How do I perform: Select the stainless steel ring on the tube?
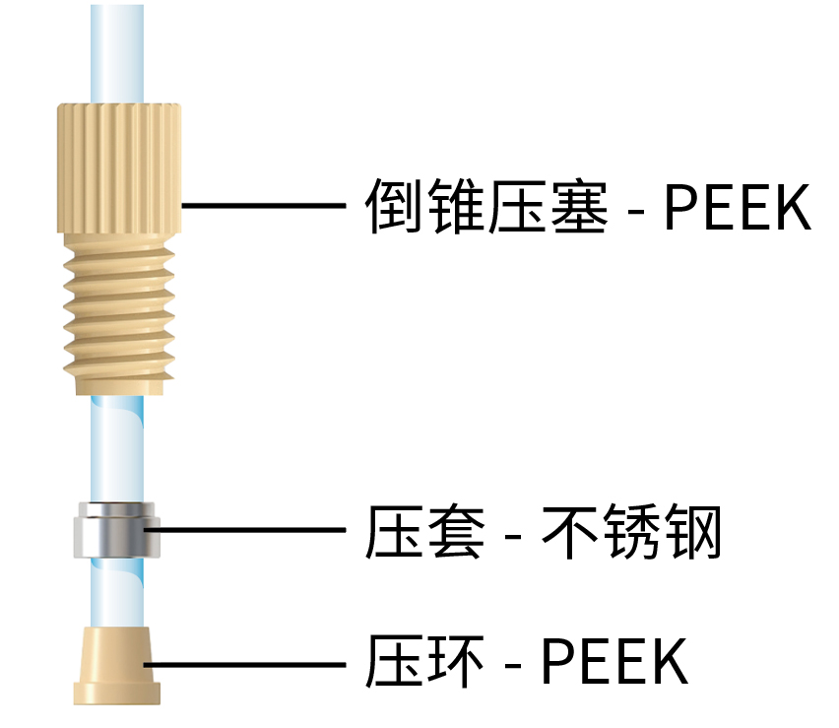click(x=114, y=531)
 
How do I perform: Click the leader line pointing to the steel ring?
click(x=246, y=532)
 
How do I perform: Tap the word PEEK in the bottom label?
click(x=614, y=662)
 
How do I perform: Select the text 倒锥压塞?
click(x=486, y=206)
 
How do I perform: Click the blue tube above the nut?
click(x=116, y=49)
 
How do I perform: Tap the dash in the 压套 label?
click(x=513, y=538)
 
